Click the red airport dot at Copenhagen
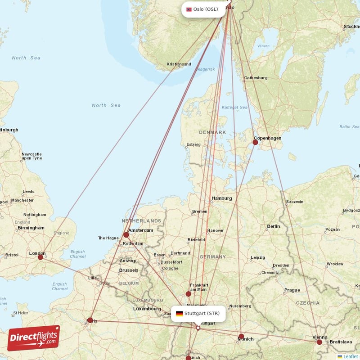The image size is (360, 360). [x=255, y=142]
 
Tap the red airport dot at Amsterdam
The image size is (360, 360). [x=126, y=234]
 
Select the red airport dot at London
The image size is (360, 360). [x=40, y=257]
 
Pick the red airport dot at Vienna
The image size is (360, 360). [x=319, y=342]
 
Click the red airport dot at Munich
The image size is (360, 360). [x=241, y=336]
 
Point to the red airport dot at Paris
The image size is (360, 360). [x=90, y=320]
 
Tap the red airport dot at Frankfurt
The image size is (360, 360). [x=189, y=294]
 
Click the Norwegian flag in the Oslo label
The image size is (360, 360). [x=189, y=9]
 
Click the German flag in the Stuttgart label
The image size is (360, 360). [x=179, y=313]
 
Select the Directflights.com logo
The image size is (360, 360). [x=34, y=338]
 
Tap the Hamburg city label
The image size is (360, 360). [x=221, y=198]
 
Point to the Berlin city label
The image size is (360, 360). [x=273, y=226]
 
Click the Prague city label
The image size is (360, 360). [x=292, y=290]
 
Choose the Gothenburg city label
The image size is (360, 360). [x=256, y=78]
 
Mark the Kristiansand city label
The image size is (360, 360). [x=179, y=64]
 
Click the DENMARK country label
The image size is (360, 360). [x=212, y=132]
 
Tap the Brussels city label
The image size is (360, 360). [x=129, y=270]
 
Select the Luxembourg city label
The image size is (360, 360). [x=147, y=309]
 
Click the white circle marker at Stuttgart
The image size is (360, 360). [x=198, y=328]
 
